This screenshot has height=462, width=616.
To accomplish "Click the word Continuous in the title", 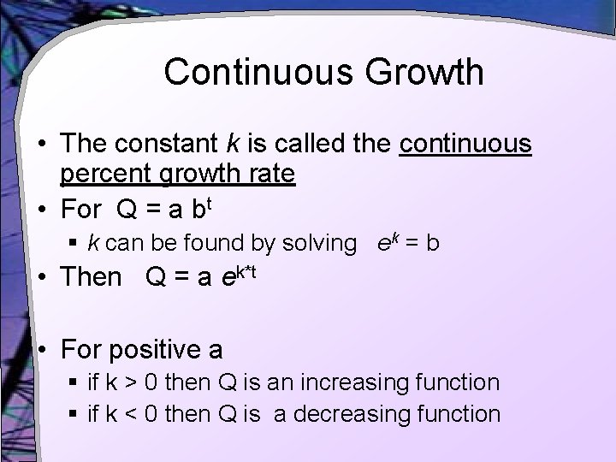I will point(257,72).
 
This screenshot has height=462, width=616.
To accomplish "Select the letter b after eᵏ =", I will point(433,243).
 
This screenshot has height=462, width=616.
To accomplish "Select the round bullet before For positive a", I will point(42,349).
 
